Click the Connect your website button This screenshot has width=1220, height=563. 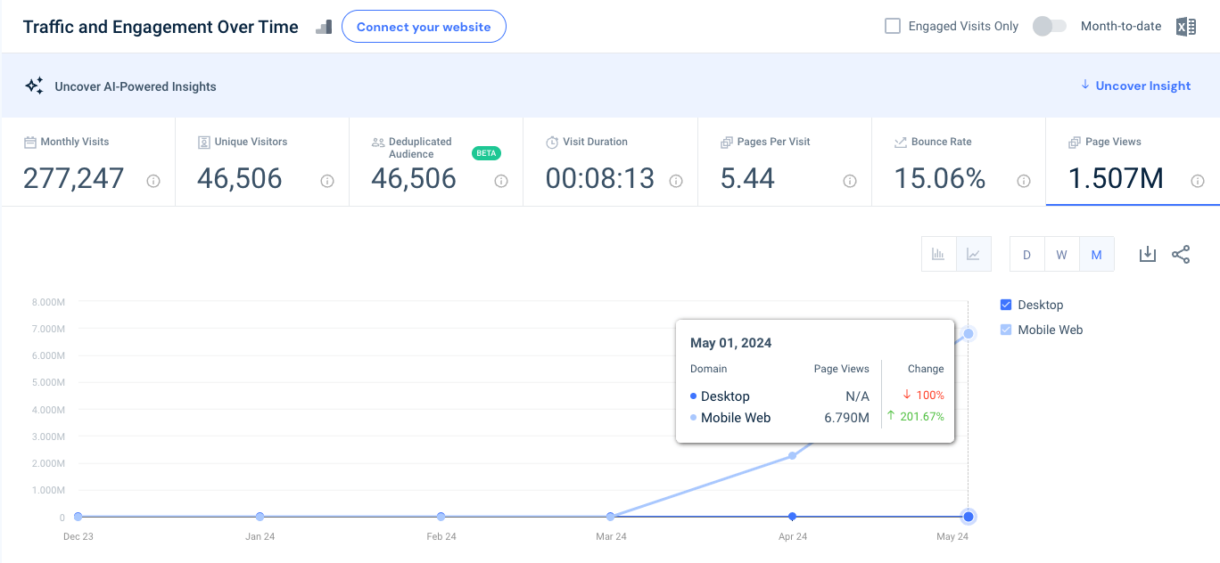424,27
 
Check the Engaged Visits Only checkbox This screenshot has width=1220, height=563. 893,26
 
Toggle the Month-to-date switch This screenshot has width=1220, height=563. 1049,26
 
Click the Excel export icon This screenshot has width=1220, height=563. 1186,26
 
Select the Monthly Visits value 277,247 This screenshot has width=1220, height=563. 73,178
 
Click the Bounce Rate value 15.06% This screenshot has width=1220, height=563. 940,178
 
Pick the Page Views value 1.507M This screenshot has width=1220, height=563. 1116,178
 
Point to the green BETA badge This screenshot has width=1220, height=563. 486,153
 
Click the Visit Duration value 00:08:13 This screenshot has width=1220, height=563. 599,178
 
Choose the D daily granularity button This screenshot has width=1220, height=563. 1026,255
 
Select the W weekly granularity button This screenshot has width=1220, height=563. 1061,255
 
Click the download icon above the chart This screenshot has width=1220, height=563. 1148,255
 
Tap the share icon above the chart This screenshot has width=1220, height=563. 1181,255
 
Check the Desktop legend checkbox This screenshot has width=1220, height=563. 1007,305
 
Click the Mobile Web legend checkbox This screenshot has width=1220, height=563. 1007,330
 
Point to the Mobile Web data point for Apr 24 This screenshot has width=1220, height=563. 792,456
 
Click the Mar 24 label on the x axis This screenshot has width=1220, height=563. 611,537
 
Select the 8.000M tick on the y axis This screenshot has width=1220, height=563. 47,302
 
